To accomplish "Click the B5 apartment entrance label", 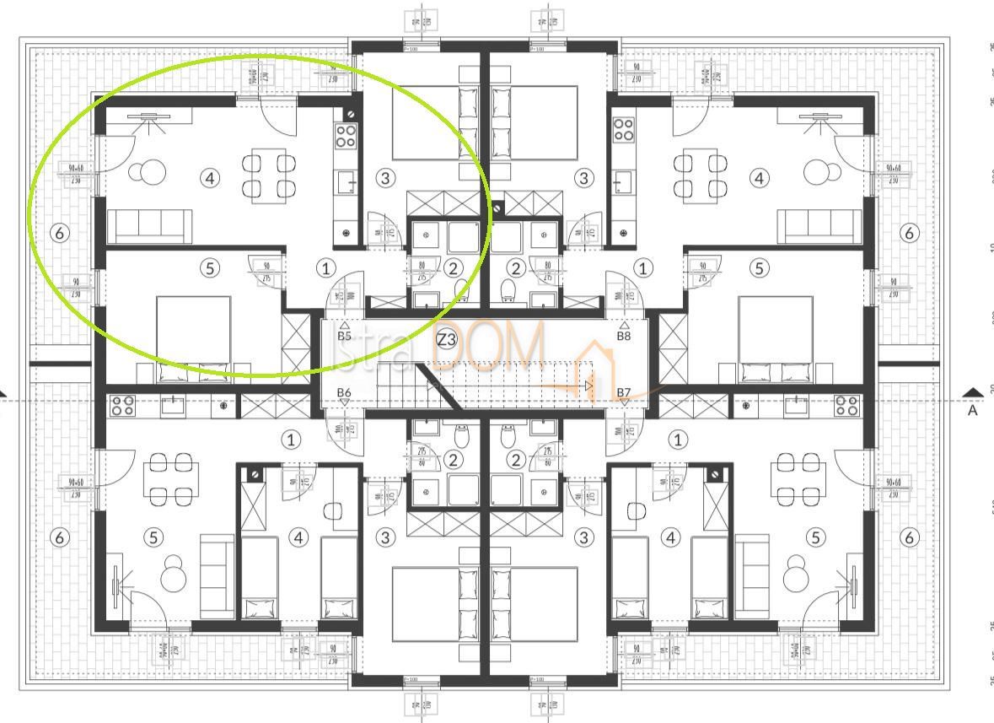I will [344, 336].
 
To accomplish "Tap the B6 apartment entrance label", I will [344, 392].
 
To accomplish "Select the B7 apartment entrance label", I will [624, 392].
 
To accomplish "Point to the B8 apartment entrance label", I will [624, 336].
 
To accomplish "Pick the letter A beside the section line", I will [973, 410].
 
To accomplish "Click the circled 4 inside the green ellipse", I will [210, 177].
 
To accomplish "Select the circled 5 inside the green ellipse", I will [210, 268].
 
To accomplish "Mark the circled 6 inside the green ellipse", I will [60, 232].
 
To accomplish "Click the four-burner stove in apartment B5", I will [346, 135].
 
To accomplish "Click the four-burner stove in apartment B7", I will [846, 405].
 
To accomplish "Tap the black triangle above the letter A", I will [974, 392].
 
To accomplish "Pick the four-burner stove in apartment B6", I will [123, 405].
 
